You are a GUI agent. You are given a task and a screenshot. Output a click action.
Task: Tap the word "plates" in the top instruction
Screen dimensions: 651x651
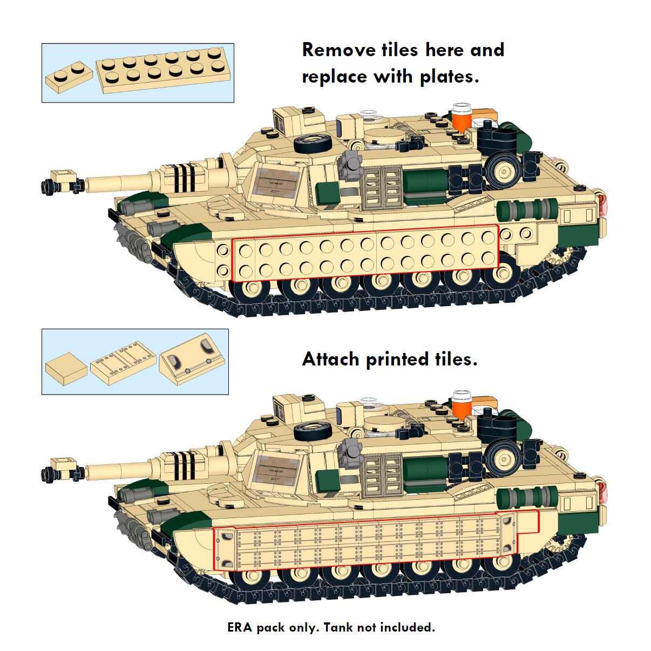tap(449, 77)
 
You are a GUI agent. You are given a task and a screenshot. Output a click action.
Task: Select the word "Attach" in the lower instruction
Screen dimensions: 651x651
tap(330, 360)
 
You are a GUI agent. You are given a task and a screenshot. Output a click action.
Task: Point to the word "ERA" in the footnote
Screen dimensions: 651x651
tap(240, 627)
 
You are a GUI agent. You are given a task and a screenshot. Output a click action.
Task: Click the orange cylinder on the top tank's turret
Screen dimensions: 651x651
tap(462, 117)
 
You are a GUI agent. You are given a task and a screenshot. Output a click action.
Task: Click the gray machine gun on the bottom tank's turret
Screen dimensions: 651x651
tap(350, 451)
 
